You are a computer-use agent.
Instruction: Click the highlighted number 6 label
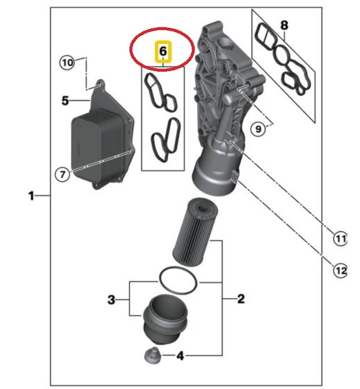pos(163,51)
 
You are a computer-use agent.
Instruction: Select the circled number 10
pos(67,62)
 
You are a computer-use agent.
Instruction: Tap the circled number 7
pos(62,174)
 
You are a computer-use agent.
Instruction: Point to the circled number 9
pos(258,129)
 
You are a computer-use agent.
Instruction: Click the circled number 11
pos(340,239)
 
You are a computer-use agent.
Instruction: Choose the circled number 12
pos(340,270)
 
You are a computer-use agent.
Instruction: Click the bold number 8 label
pos(284,25)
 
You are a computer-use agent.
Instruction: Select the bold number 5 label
pos(65,101)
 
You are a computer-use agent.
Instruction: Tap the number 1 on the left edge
pos(31,196)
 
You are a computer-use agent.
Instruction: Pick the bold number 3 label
pos(112,299)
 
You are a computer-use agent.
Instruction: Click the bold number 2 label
pos(241,299)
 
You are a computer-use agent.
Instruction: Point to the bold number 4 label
pos(180,356)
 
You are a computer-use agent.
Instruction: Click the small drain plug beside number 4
pos(152,355)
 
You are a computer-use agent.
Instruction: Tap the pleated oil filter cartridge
pos(195,231)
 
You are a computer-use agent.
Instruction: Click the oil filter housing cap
pos(165,320)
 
